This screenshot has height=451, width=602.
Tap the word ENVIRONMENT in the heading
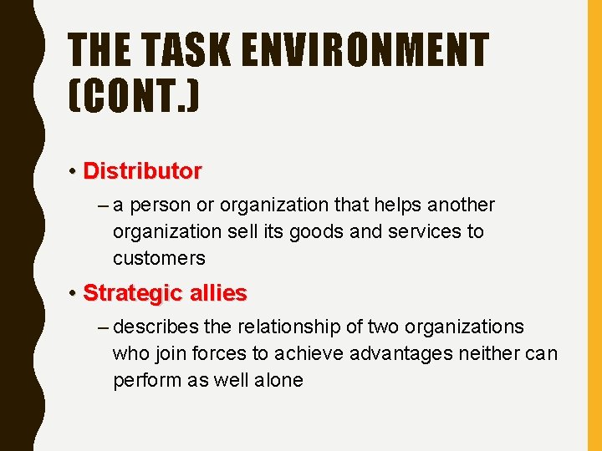tap(365, 49)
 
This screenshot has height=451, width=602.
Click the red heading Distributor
tap(142, 171)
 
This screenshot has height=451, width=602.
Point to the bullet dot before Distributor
tap(74, 172)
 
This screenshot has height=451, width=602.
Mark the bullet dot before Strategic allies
tap(74, 294)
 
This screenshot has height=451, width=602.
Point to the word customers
tap(159, 258)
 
